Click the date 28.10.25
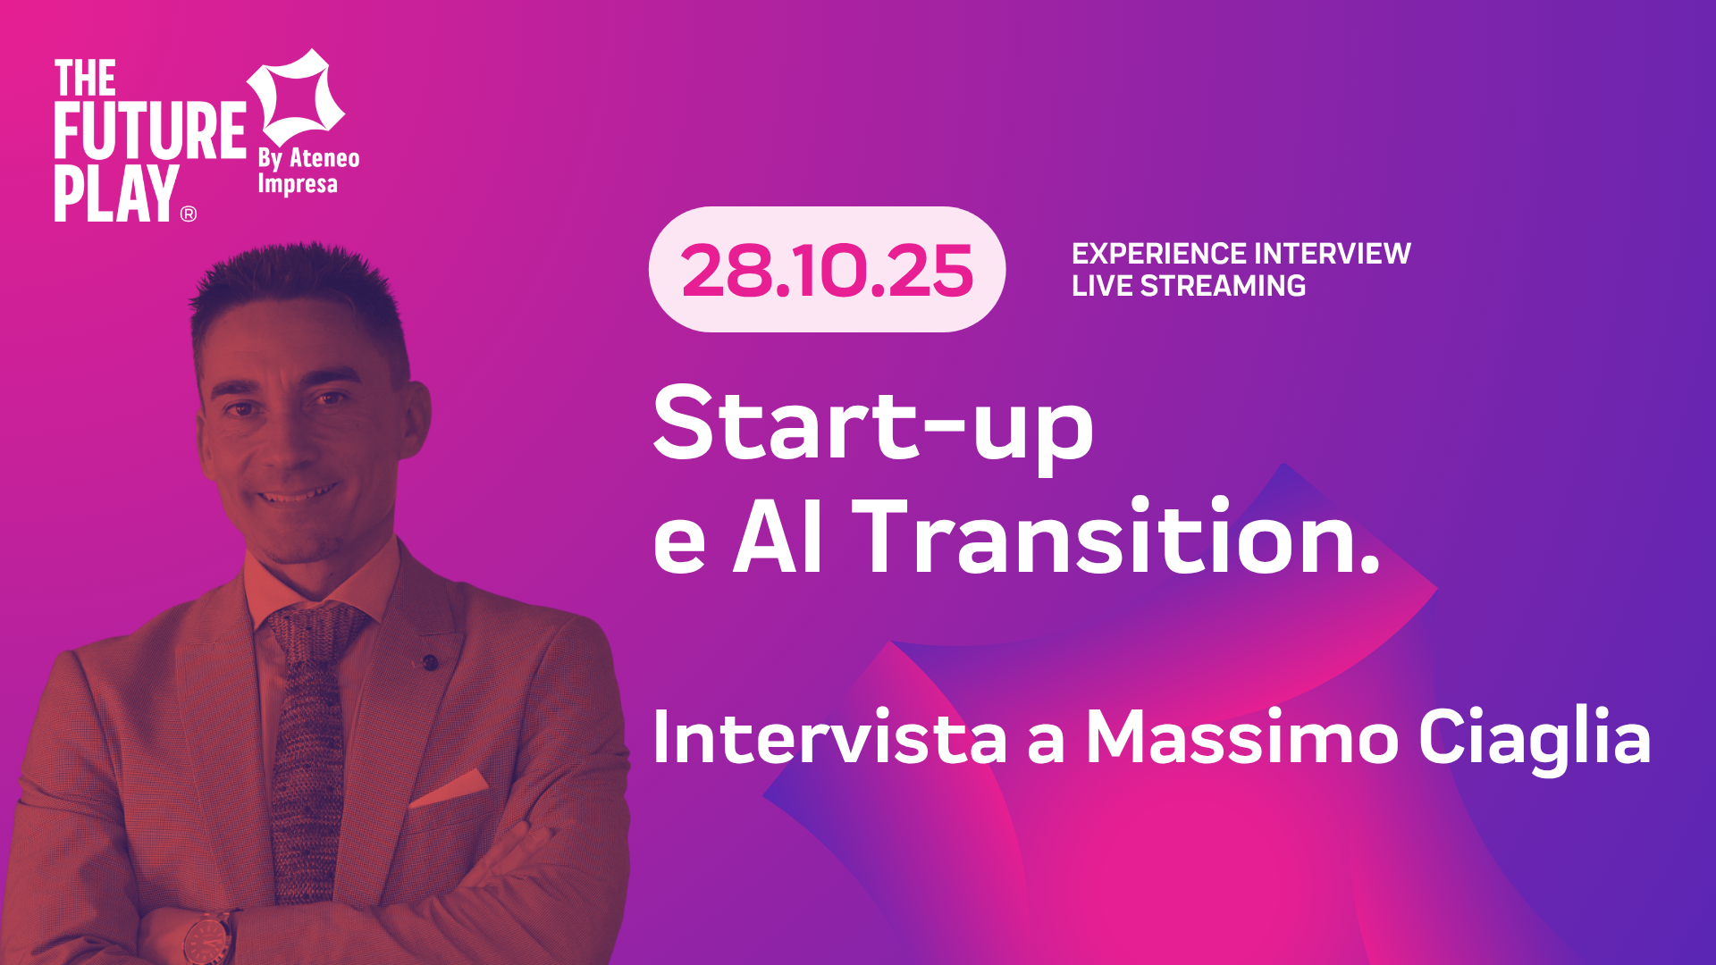pyautogui.click(x=827, y=271)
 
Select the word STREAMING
pyautogui.click(x=1223, y=286)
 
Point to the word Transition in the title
pyautogui.click(x=1121, y=536)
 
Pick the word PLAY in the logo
pyautogui.click(x=116, y=193)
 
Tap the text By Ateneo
pyautogui.click(x=309, y=158)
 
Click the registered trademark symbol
pyautogui.click(x=189, y=214)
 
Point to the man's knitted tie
pyautogui.click(x=308, y=751)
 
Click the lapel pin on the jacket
pyautogui.click(x=430, y=662)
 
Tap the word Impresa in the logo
pyautogui.click(x=298, y=185)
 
